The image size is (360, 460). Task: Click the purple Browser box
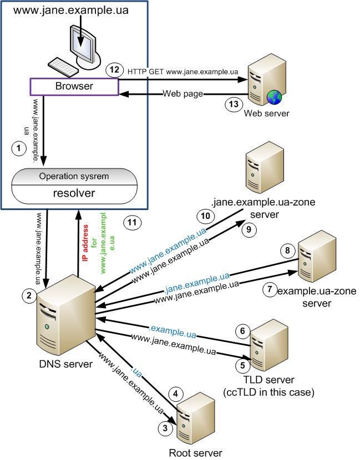coord(74,86)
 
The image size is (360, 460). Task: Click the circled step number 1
coord(19,148)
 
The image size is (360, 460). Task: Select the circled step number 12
coord(114,70)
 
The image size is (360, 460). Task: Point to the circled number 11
coord(132,223)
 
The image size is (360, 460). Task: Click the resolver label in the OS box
coord(74,193)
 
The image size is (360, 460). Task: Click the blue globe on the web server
coord(274,97)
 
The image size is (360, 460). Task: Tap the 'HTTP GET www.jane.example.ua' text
coord(182,71)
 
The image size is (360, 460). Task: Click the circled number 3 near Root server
coord(164,428)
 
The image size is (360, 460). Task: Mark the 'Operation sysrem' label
coord(74,176)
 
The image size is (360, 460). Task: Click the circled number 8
coord(287,252)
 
